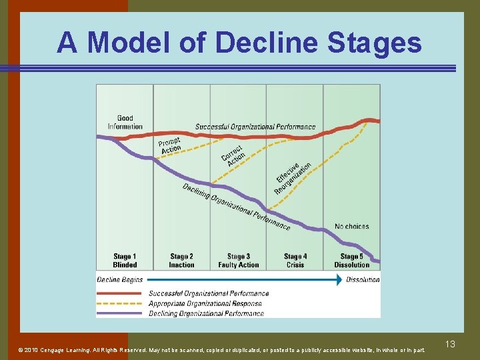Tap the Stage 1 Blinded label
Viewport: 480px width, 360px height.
click(125, 261)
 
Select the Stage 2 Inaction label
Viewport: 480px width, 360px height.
click(181, 261)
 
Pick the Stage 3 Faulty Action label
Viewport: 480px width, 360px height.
click(238, 261)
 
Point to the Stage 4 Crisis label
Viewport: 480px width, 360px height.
click(295, 261)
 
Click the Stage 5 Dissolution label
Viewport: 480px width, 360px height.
click(351, 261)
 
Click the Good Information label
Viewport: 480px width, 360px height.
click(125, 123)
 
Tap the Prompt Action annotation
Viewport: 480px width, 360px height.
click(170, 145)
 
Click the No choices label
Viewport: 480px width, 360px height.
click(351, 227)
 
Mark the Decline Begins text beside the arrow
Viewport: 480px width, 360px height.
click(120, 280)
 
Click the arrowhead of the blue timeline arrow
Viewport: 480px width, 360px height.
click(339, 280)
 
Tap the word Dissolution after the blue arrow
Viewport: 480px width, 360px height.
click(363, 280)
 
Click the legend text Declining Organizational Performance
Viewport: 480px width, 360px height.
click(206, 313)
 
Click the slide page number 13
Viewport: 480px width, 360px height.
click(450, 344)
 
